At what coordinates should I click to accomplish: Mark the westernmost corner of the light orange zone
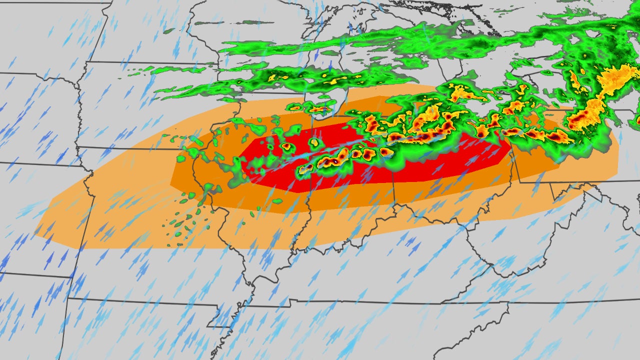click(35, 231)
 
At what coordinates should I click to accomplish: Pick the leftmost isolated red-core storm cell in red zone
click(286, 146)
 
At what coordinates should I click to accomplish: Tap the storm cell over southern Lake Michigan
click(320, 107)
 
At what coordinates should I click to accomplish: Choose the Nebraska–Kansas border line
click(40, 163)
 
